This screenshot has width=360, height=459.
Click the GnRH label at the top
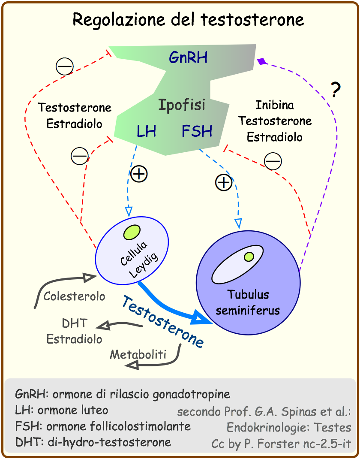click(188, 57)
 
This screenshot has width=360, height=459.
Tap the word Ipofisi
click(182, 105)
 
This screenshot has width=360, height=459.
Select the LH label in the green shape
click(146, 131)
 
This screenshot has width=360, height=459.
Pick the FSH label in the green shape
click(197, 131)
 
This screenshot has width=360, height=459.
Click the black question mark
click(336, 89)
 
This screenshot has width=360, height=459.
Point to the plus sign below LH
click(139, 174)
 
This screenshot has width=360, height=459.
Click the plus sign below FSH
click(223, 183)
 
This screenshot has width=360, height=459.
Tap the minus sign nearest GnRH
click(65, 66)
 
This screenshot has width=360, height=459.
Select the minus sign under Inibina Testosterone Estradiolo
click(273, 161)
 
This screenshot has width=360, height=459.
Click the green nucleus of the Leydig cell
click(132, 232)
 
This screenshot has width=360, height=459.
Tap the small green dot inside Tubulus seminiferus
click(248, 257)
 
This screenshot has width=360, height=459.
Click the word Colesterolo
click(74, 296)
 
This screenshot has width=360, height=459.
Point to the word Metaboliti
click(138, 354)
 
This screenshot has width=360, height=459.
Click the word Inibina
click(275, 105)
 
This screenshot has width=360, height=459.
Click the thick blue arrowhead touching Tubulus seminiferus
click(201, 318)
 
